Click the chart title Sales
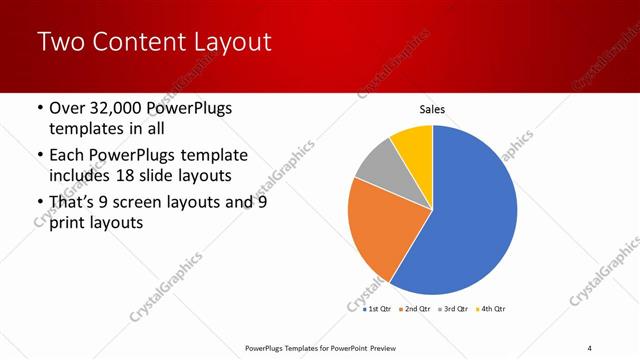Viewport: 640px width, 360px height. click(432, 110)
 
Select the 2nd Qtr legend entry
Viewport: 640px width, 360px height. click(416, 310)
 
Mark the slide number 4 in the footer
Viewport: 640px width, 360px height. click(590, 348)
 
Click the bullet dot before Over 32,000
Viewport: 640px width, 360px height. click(39, 108)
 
